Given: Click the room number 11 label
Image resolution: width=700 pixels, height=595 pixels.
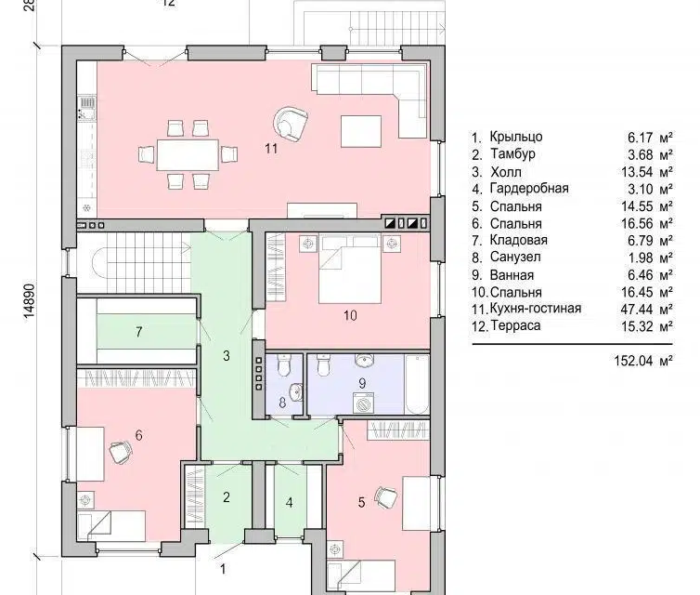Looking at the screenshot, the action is point(271,149).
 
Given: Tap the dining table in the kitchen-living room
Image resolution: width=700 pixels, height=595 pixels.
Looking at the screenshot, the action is point(188,154).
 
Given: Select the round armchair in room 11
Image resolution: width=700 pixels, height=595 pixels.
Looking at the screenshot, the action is point(291,125).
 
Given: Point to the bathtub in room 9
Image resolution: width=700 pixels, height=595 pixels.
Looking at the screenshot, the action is point(417,385).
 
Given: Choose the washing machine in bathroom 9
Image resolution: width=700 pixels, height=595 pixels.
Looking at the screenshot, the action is point(363,403).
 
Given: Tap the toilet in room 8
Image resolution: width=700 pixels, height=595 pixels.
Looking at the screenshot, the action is point(284,364).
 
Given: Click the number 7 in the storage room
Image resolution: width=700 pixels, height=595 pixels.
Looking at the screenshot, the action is point(139,332).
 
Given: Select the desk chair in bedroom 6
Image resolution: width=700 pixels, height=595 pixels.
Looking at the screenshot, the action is point(121,451).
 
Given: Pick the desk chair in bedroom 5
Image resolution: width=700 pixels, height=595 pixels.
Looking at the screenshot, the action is point(386,497).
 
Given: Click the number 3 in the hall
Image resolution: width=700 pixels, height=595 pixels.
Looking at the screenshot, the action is point(227,356).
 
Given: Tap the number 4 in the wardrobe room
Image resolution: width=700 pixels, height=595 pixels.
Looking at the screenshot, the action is point(290,503).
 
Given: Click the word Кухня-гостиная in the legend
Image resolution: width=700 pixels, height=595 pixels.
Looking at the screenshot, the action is point(536,309).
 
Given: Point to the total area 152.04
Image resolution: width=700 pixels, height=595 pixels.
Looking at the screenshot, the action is point(633,361).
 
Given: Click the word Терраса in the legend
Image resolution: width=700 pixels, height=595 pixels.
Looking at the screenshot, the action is point(515,326).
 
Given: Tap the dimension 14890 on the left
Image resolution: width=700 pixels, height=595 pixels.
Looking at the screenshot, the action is point(29,301).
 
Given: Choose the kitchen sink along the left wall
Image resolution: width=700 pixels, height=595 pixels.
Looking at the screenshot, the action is point(86,108).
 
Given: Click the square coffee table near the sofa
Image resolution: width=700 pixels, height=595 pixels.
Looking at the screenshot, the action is point(361,131).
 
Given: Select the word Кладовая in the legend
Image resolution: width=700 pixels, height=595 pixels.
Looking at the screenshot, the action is point(519,241).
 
